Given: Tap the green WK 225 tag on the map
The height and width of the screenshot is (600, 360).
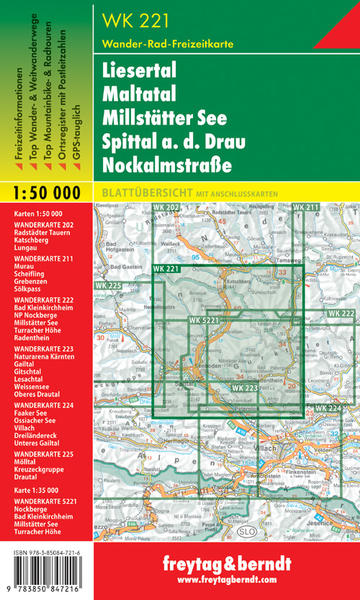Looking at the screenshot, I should click(x=108, y=286).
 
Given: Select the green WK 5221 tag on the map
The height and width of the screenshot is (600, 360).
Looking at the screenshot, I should click(x=205, y=320).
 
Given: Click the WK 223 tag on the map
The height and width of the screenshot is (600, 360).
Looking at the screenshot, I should click(x=245, y=388).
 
